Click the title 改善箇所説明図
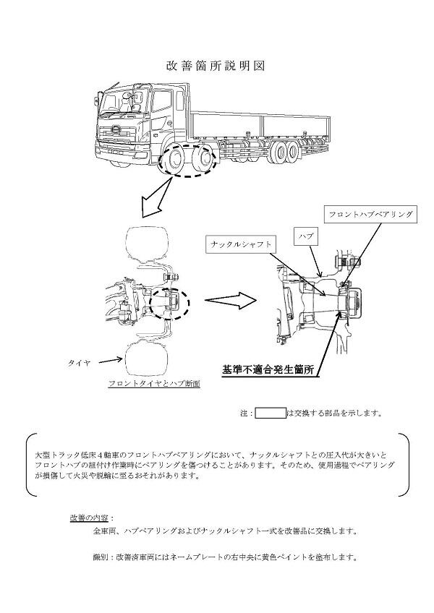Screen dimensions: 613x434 pyautogui.click(x=216, y=66)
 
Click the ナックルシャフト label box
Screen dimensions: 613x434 pyautogui.click(x=242, y=244)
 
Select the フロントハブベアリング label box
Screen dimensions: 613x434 pyautogui.click(x=370, y=215)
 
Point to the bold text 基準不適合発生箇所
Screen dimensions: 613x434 pyautogui.click(x=268, y=370)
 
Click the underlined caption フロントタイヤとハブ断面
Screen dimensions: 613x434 pyautogui.click(x=153, y=384)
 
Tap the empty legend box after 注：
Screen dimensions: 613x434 pyautogui.click(x=271, y=413)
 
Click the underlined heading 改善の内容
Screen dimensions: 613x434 pyautogui.click(x=89, y=518)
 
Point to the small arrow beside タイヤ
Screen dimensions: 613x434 pyautogui.click(x=109, y=359)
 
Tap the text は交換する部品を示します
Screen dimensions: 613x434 pyautogui.click(x=334, y=413)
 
